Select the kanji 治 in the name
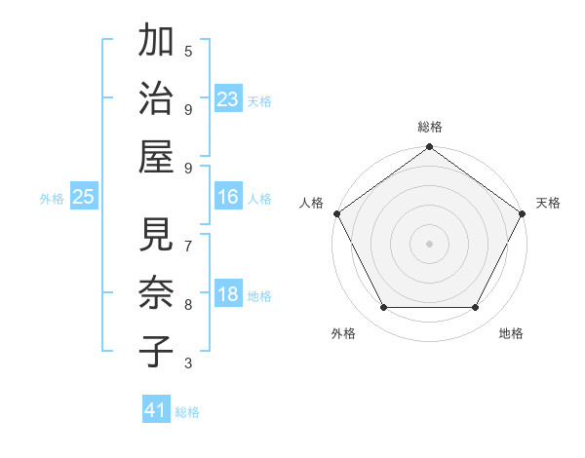pyautogui.click(x=157, y=98)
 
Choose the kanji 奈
pyautogui.click(x=157, y=291)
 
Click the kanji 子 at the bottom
pyautogui.click(x=157, y=348)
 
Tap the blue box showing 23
pyautogui.click(x=228, y=98)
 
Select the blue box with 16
pyautogui.click(x=228, y=197)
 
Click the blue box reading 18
pyautogui.click(x=228, y=295)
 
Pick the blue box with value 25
pyautogui.click(x=84, y=197)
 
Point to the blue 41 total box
pyautogui.click(x=156, y=410)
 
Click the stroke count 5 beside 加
pyautogui.click(x=188, y=51)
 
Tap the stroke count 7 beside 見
pyautogui.click(x=188, y=244)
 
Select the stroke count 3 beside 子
pyautogui.click(x=188, y=363)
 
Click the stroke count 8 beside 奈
pyautogui.click(x=188, y=304)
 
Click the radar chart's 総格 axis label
pyautogui.click(x=430, y=127)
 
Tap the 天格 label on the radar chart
pyautogui.click(x=548, y=203)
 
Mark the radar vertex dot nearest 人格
pyautogui.click(x=336, y=213)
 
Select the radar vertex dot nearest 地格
pyautogui.click(x=476, y=308)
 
